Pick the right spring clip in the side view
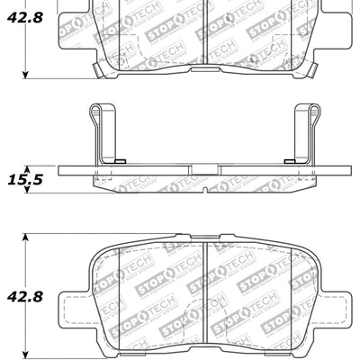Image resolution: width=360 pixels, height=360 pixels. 308,133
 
